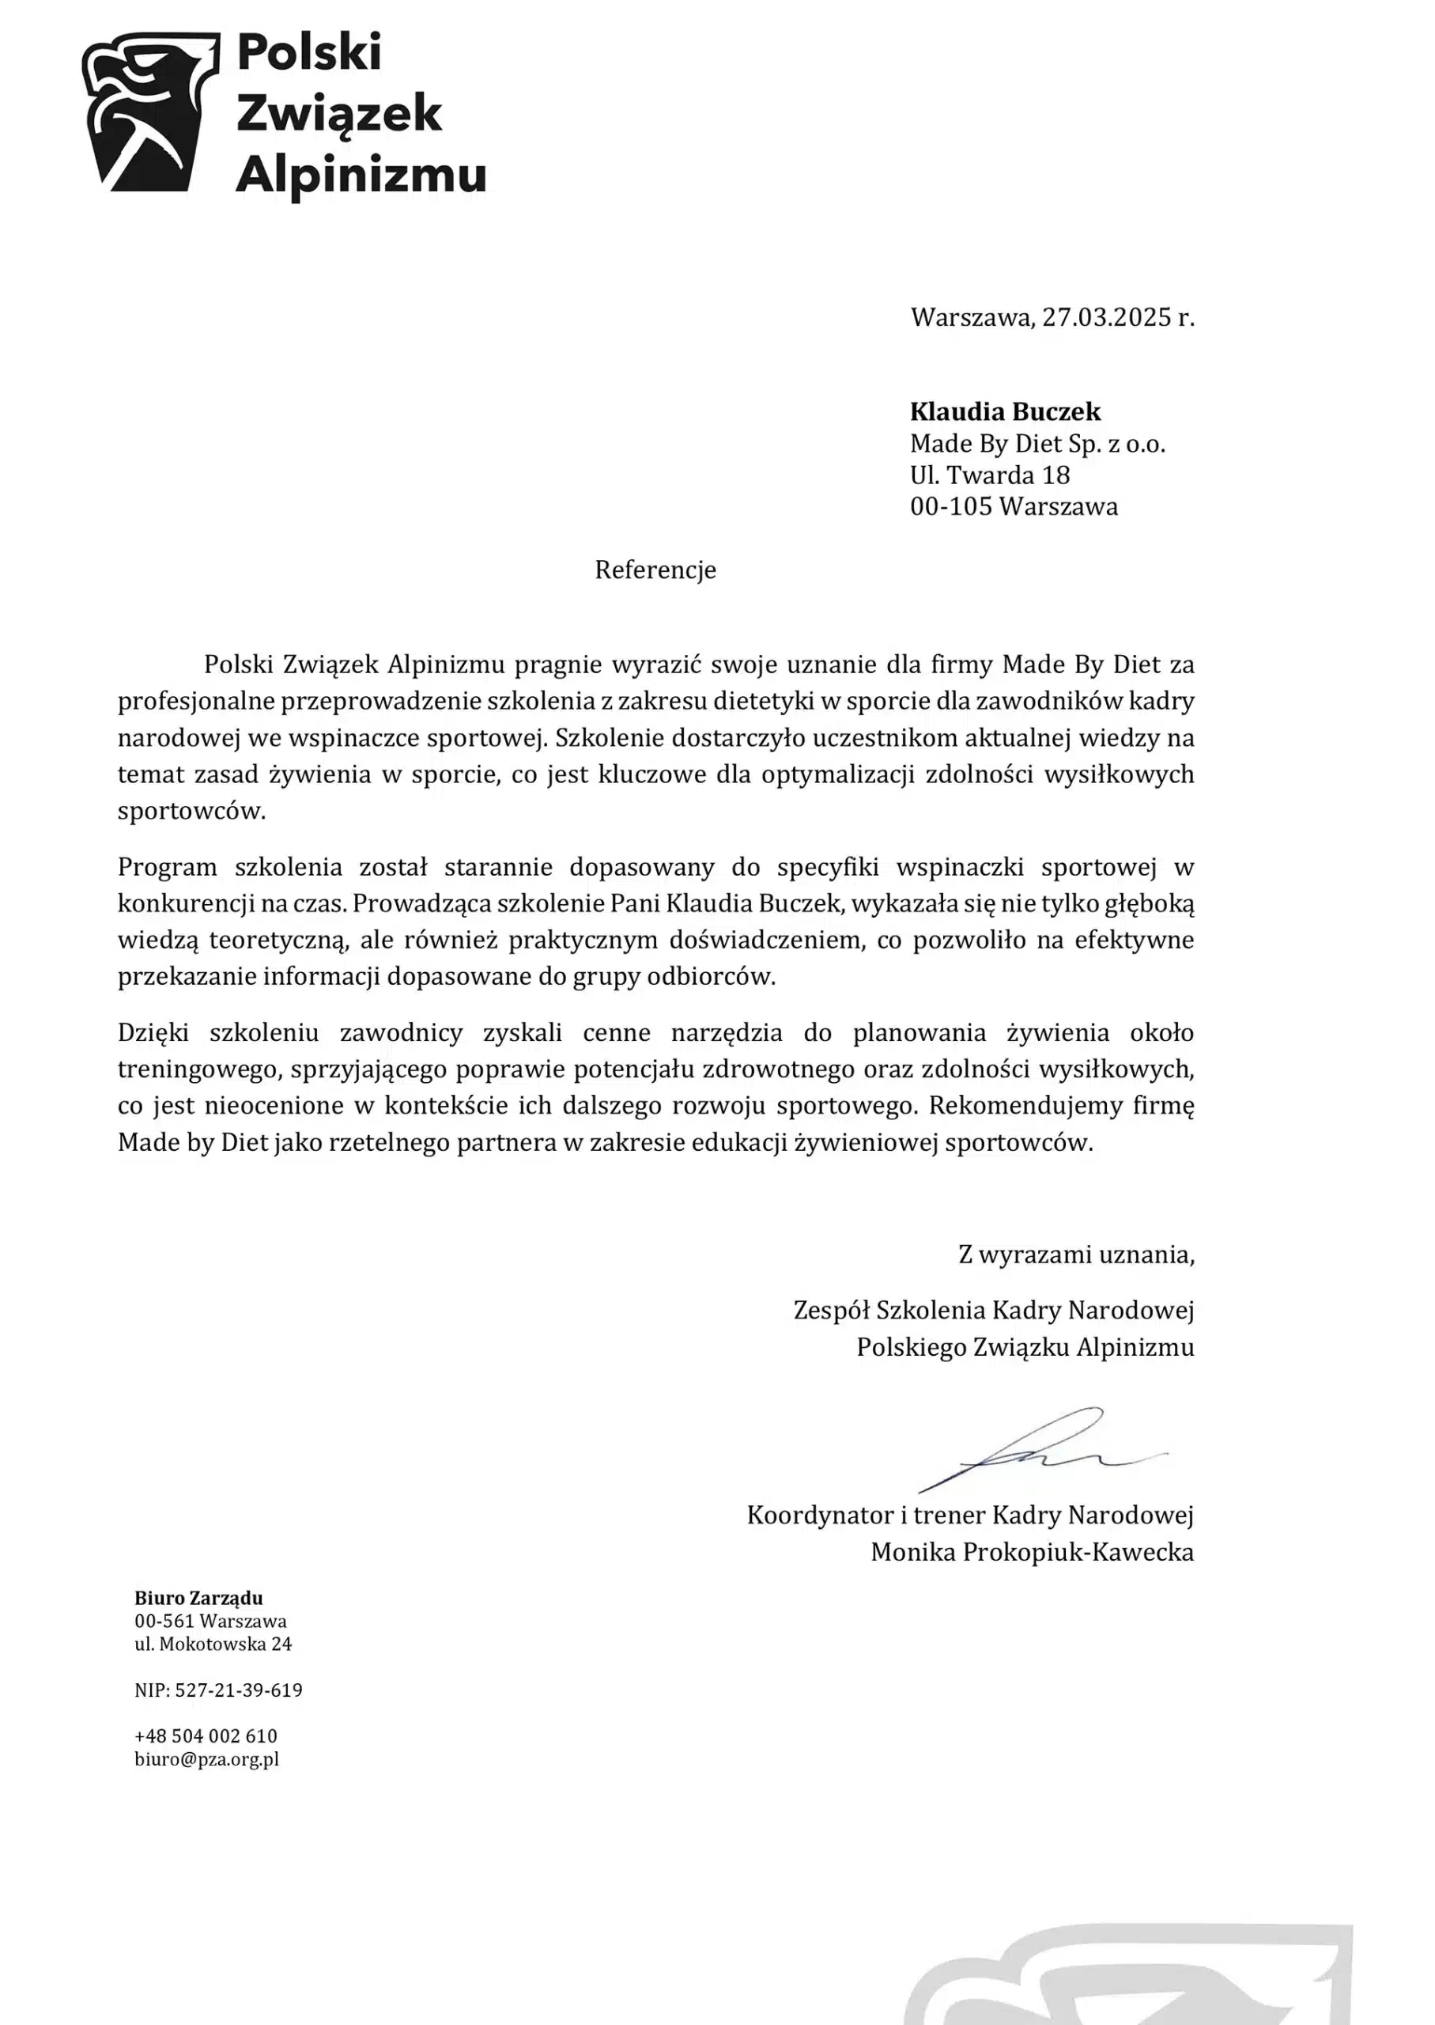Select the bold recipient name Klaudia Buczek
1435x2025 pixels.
coord(1006,412)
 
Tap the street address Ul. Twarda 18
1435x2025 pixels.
coord(990,475)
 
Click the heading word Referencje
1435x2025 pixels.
coord(655,570)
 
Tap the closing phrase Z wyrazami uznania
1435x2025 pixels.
coord(1075,1255)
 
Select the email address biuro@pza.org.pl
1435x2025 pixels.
coord(207,1759)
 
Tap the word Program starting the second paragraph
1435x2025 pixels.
coord(167,867)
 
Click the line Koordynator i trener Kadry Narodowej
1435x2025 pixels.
coord(969,1515)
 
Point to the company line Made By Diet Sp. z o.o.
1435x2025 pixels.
coord(1037,444)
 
